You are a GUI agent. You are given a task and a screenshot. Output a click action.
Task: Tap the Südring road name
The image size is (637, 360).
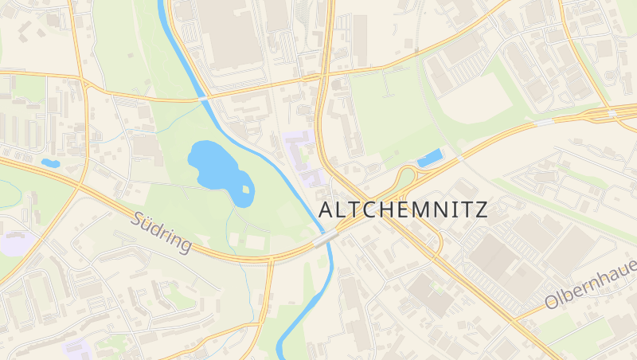(x=162, y=232)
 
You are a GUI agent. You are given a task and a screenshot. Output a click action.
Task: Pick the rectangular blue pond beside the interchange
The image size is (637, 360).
(x=431, y=158)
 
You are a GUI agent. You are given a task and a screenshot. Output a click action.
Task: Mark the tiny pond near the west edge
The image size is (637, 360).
(x=50, y=163)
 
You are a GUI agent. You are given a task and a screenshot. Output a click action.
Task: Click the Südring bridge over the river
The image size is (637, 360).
(x=326, y=238)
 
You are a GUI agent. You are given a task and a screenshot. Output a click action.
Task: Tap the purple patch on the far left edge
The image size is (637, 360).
(x=10, y=243)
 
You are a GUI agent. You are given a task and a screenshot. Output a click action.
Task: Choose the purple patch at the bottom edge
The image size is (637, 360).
(x=77, y=347)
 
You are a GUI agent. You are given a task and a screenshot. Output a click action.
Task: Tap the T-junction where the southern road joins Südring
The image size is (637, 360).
(x=268, y=260)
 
